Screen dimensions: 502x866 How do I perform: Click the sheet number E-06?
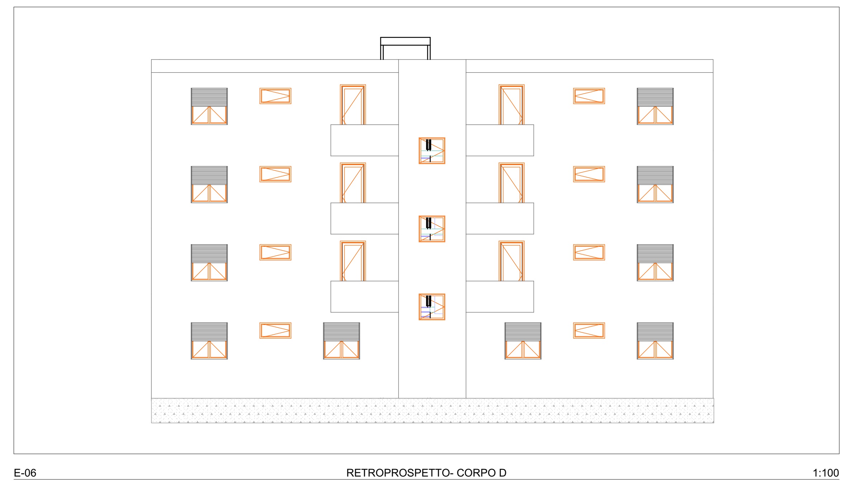coord(25,473)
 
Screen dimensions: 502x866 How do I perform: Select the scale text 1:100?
coord(825,473)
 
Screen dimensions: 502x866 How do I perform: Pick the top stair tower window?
coord(432,151)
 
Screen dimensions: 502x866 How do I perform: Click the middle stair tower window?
coord(432,229)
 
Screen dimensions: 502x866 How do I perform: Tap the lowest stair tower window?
coord(432,307)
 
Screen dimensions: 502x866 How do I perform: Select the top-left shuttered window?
coord(209,106)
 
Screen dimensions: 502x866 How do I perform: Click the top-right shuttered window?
coord(655,106)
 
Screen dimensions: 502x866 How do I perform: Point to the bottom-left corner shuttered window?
coord(209,341)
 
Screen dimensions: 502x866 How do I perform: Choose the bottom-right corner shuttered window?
coord(655,341)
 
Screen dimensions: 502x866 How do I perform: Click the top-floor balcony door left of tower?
coord(353,105)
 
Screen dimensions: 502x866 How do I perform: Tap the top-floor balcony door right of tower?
coord(511,105)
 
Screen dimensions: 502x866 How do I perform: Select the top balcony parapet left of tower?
coord(364,140)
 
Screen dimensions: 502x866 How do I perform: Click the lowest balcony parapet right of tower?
coord(500,297)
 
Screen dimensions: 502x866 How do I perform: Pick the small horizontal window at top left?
coord(275,96)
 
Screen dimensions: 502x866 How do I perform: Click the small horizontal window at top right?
coord(589,96)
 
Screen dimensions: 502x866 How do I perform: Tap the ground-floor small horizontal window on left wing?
coord(275,331)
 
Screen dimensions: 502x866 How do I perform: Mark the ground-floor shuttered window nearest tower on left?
coord(341,341)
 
